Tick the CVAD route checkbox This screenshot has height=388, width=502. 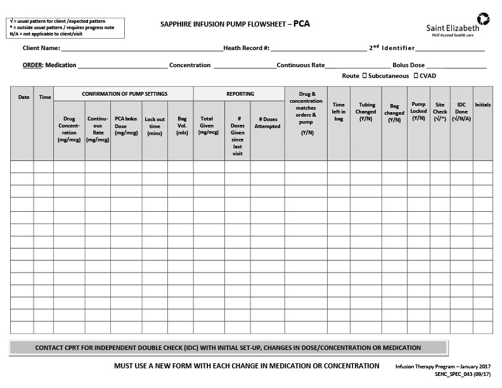tap(416, 76)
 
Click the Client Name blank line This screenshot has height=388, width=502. tap(142, 48)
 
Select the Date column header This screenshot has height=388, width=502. tap(23, 97)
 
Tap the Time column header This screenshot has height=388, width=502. tap(45, 97)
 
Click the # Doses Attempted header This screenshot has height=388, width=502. tap(267, 122)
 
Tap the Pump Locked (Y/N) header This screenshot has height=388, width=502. tap(418, 111)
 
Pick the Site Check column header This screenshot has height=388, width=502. tap(440, 111)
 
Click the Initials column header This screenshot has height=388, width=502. tap(482, 105)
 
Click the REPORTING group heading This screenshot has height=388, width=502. tap(240, 94)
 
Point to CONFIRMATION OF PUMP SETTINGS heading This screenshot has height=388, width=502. tap(124, 94)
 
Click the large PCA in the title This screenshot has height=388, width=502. tap(302, 24)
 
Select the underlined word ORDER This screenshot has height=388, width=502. tap(32, 65)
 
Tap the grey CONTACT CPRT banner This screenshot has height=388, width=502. tap(228, 347)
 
